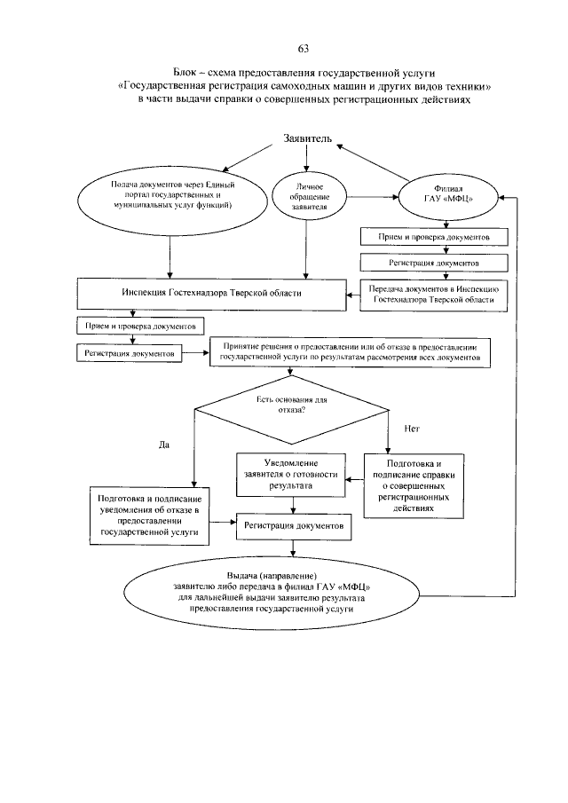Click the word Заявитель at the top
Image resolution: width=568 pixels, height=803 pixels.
[307, 139]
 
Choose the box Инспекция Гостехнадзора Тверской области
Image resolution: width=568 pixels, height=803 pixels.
[212, 293]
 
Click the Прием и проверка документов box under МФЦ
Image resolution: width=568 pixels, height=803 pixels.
[434, 237]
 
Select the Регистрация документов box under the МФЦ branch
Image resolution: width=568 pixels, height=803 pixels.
[434, 264]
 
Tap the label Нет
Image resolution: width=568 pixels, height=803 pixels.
[411, 429]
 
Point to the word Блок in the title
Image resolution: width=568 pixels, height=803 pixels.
[189, 70]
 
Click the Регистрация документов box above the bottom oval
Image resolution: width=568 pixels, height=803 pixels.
[295, 526]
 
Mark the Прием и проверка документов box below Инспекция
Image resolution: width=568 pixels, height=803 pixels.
[140, 327]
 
